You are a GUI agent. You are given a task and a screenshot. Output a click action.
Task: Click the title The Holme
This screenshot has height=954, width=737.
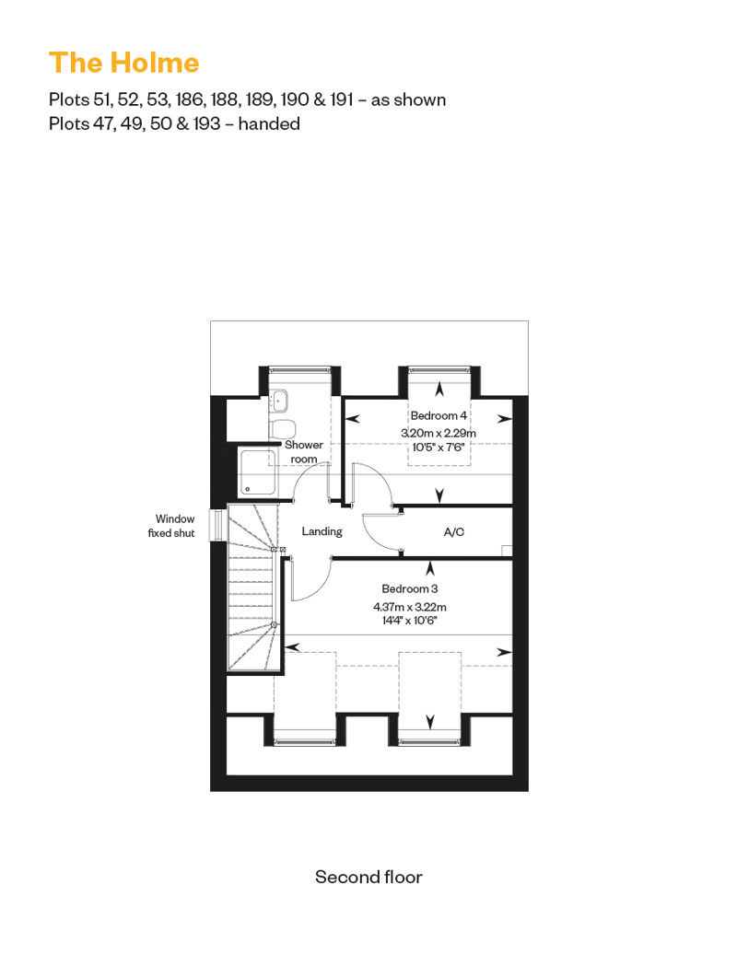click(x=124, y=63)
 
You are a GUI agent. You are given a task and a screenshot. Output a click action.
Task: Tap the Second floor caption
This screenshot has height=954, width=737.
click(x=368, y=877)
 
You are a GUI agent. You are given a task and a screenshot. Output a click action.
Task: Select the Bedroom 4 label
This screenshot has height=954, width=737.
click(x=439, y=415)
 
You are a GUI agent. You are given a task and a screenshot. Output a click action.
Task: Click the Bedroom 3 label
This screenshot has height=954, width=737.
click(x=410, y=588)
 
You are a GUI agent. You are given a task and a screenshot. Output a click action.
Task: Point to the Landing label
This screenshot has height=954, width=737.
click(x=322, y=531)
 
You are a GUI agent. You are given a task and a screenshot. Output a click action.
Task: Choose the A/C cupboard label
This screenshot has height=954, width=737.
click(x=454, y=531)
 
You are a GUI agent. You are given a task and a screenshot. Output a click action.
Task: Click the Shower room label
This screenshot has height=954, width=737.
click(x=304, y=451)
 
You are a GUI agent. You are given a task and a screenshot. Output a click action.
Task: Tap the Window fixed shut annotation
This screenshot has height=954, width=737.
click(x=171, y=526)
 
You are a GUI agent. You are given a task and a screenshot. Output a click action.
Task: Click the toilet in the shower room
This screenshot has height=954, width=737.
click(x=282, y=428)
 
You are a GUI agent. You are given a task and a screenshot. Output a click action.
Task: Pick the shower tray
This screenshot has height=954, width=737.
click(x=258, y=472)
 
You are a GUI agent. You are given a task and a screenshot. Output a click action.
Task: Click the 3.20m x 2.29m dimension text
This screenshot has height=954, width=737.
click(x=439, y=433)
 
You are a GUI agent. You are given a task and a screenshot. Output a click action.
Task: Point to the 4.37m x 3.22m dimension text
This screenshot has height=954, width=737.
click(x=410, y=607)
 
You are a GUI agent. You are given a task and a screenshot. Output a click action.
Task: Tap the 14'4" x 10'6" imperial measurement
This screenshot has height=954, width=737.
click(x=410, y=621)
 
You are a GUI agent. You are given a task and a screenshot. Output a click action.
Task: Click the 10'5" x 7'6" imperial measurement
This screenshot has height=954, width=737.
click(x=439, y=448)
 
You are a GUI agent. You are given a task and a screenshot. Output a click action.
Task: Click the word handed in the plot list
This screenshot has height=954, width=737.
click(x=269, y=123)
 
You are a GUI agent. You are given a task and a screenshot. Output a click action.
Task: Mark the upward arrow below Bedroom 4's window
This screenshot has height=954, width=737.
click(x=439, y=389)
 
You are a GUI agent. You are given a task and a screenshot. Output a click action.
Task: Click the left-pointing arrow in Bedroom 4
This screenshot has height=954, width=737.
click(x=352, y=419)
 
